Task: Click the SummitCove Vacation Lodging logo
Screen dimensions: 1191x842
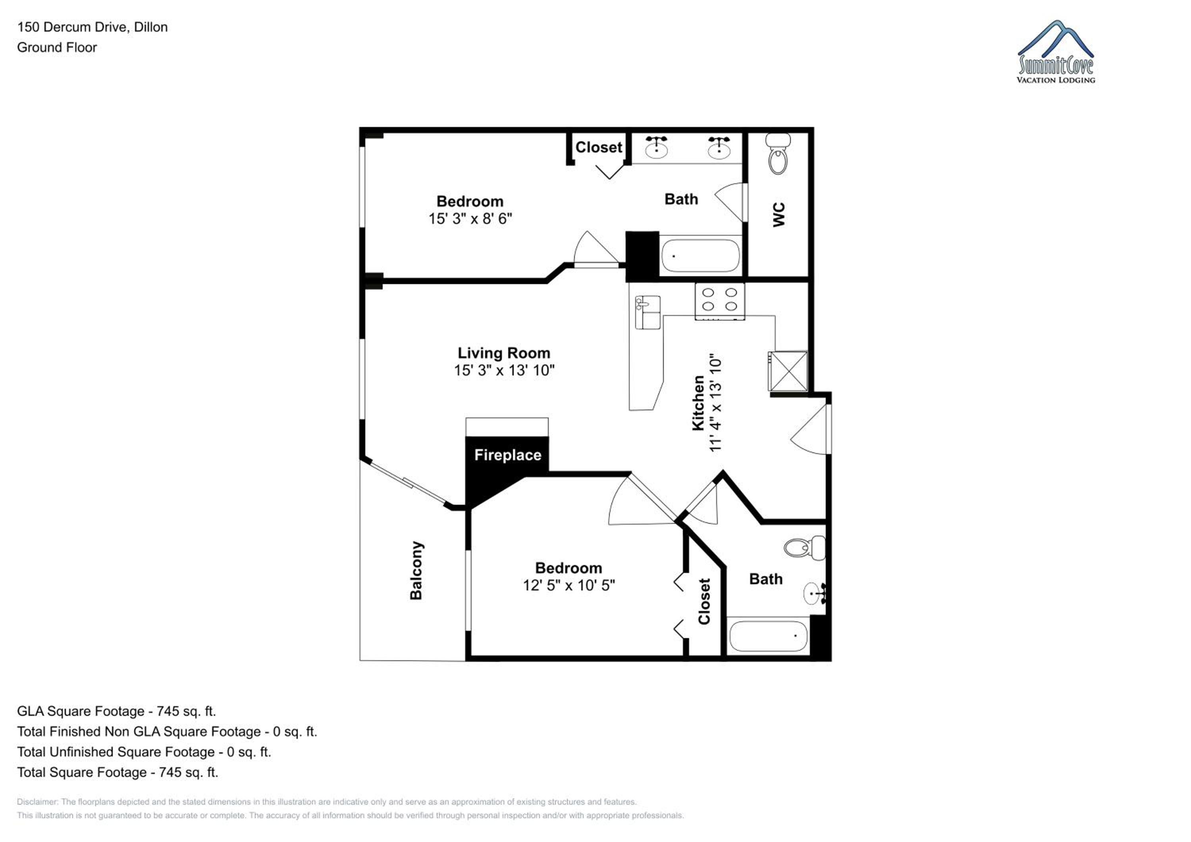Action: coord(1056,52)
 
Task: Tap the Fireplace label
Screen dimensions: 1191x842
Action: coord(508,455)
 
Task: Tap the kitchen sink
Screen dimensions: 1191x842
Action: coord(648,312)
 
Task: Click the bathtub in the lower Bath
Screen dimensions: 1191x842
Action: coord(768,636)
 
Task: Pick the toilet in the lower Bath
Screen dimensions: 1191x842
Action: coord(804,548)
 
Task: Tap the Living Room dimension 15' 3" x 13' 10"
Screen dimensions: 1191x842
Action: coord(504,370)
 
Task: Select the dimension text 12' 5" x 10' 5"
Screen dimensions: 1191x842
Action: coord(569,585)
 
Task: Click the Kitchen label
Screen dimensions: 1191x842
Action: coord(698,404)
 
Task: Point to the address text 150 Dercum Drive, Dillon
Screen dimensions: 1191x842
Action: coord(93,27)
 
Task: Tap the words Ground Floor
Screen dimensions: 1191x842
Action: coord(57,47)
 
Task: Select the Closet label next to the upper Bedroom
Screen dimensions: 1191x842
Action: coord(599,147)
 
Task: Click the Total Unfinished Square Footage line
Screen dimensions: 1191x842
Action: coord(144,752)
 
